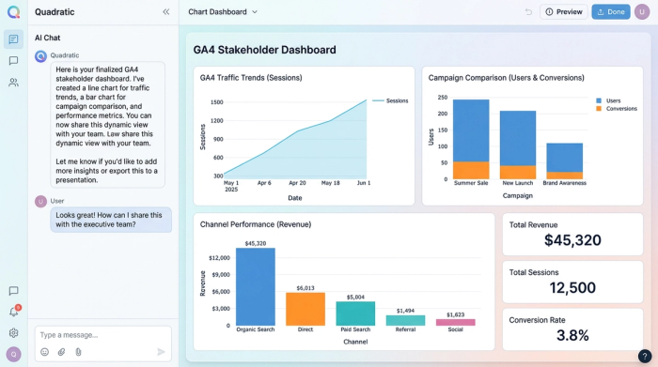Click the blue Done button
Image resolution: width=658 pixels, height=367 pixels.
pyautogui.click(x=610, y=12)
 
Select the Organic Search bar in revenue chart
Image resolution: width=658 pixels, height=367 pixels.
pyautogui.click(x=255, y=287)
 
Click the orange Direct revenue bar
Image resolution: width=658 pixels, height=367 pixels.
pyautogui.click(x=305, y=309)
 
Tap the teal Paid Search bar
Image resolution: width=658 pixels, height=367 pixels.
pyautogui.click(x=355, y=313)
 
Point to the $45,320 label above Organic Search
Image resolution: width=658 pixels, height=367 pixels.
pyautogui.click(x=256, y=243)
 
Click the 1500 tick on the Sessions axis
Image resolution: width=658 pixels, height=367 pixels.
pyautogui.click(x=217, y=101)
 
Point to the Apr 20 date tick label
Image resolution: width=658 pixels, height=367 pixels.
pyautogui.click(x=297, y=183)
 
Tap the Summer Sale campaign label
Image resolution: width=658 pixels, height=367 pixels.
pyautogui.click(x=471, y=184)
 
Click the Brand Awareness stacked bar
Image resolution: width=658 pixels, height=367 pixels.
pyautogui.click(x=564, y=161)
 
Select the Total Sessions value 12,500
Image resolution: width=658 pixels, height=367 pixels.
pyautogui.click(x=572, y=288)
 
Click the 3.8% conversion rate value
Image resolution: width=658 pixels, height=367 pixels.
pyautogui.click(x=572, y=335)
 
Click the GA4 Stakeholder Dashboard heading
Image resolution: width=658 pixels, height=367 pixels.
pyautogui.click(x=264, y=50)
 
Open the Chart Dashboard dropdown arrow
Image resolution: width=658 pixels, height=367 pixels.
pyautogui.click(x=255, y=12)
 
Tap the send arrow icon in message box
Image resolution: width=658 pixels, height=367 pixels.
pyautogui.click(x=161, y=352)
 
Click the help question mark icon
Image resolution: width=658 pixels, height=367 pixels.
pyautogui.click(x=646, y=356)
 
